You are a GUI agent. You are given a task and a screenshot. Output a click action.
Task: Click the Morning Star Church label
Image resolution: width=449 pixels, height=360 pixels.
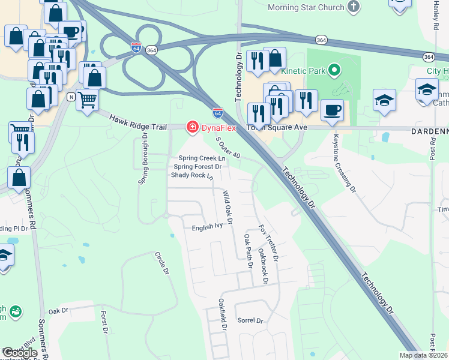[x=306, y=7]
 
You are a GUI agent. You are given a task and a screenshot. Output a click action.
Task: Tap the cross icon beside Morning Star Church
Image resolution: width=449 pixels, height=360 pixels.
[x=354, y=7]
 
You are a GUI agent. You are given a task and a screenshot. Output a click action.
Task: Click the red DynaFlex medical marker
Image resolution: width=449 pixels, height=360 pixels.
[x=192, y=127]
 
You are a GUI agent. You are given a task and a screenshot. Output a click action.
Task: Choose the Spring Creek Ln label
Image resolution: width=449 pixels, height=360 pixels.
[x=201, y=158]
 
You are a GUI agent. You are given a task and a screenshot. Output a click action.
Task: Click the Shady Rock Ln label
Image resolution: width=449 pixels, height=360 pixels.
[x=192, y=175]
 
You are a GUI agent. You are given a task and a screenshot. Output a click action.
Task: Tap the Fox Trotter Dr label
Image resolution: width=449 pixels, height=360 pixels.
[x=268, y=242]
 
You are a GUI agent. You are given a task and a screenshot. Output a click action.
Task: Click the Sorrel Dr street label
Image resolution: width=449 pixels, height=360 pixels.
[x=250, y=321]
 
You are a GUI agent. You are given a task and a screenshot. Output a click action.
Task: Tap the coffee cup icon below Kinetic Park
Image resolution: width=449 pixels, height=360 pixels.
[x=332, y=109]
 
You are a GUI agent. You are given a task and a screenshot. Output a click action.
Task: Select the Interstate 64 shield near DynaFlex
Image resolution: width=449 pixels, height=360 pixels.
[x=218, y=112]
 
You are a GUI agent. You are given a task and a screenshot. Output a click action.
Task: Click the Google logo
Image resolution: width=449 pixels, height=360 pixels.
[x=19, y=353]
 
